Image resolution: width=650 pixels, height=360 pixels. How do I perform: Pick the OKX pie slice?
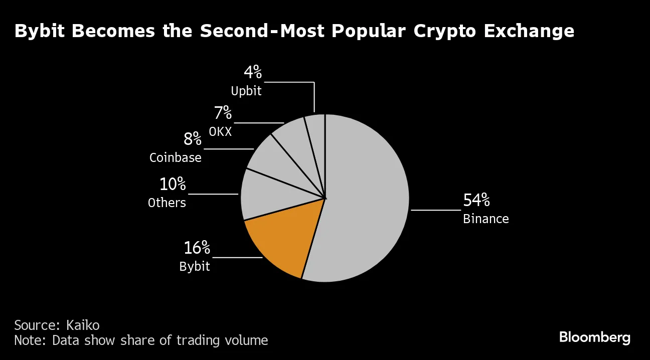[x=296, y=143]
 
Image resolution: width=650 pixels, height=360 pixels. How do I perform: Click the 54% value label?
[x=476, y=201]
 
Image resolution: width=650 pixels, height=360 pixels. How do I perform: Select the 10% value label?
[x=172, y=185]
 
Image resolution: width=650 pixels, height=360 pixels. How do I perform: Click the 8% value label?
[x=192, y=139]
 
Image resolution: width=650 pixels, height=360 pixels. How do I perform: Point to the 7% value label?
[x=223, y=113]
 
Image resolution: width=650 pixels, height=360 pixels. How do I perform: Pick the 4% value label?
[x=253, y=73]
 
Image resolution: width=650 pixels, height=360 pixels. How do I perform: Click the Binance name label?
[x=485, y=219]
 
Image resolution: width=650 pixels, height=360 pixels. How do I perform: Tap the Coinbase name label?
[x=176, y=158]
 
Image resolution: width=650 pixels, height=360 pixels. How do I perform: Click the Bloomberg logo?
[x=594, y=337]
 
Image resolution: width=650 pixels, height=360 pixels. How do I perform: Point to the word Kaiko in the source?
[x=83, y=325]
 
